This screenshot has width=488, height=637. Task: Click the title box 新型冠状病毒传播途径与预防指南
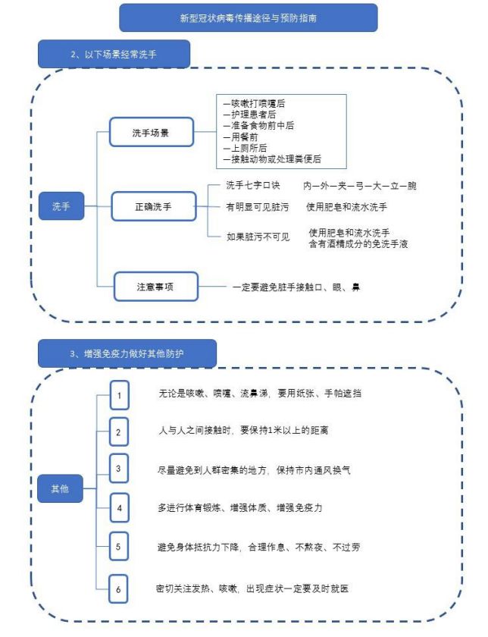point(248,18)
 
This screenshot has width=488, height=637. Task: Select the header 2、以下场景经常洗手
point(114,54)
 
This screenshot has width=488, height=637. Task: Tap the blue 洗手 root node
point(61,206)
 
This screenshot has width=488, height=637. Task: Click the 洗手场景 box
point(151,133)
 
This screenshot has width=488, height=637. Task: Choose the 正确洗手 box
point(154,207)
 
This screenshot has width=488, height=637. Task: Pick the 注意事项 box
point(156,287)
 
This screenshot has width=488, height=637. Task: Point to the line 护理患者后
point(249,115)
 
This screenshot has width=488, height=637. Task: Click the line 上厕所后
point(245,149)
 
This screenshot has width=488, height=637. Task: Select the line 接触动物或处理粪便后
point(272,159)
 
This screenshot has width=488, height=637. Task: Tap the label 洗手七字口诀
point(252,186)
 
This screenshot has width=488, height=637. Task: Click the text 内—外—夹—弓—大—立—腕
point(360,186)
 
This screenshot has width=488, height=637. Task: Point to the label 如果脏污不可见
point(258,237)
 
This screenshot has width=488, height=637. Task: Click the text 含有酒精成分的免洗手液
point(358,244)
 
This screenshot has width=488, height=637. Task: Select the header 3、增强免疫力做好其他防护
point(127,354)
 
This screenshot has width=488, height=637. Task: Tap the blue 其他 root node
point(60,488)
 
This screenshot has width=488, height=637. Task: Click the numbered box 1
point(120,395)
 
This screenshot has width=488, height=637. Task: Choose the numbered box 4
point(120,508)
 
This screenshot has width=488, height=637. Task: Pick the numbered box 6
point(118,589)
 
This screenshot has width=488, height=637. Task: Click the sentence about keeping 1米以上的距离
point(243,430)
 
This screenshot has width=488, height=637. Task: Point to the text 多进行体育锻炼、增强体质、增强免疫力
point(240,508)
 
